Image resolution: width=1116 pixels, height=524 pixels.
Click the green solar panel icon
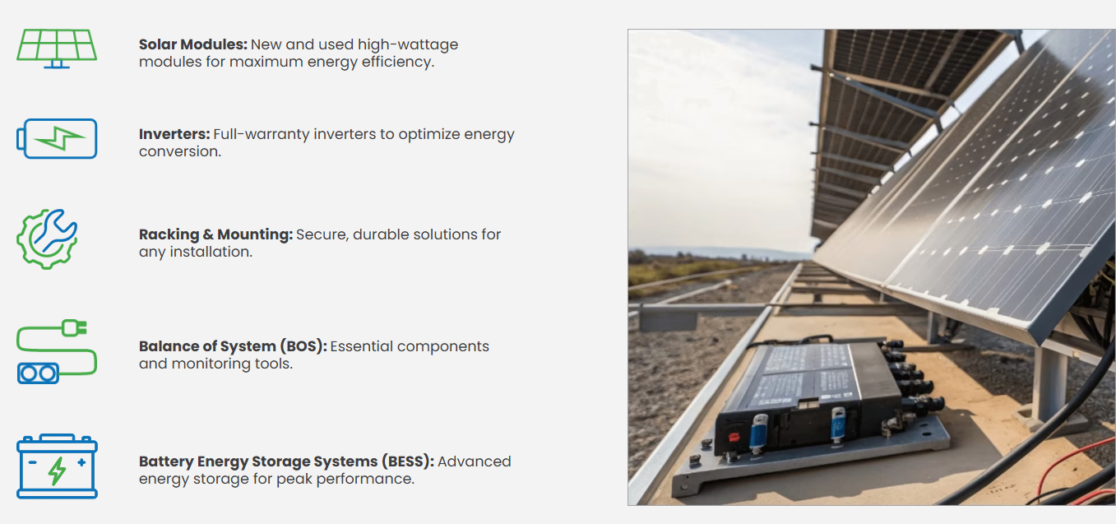(x=57, y=48)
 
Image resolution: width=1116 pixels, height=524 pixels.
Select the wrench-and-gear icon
(x=48, y=239)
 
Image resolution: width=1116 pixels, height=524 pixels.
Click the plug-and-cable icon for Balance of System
(x=57, y=352)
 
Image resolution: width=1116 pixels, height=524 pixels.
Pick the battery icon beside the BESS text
(x=57, y=466)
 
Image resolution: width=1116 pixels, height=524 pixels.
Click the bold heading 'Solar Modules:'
(x=192, y=44)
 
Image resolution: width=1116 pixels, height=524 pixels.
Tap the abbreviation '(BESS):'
(x=407, y=461)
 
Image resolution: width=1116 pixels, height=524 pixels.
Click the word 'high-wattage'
(x=408, y=44)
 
